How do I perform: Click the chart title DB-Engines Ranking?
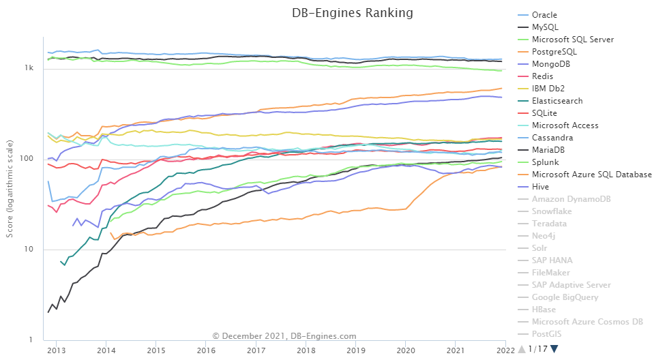[353, 13]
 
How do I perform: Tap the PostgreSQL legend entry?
[554, 52]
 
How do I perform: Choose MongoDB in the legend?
[551, 64]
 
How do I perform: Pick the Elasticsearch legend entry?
[557, 101]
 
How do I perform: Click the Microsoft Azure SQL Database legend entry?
[591, 175]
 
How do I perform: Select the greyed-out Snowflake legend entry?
[552, 211]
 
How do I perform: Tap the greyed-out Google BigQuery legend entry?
[565, 297]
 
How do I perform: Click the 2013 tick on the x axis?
[56, 350]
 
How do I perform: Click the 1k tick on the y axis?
[29, 68]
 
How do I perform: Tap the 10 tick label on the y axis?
[29, 250]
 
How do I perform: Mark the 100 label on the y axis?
[28, 159]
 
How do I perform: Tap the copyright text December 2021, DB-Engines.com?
[284, 335]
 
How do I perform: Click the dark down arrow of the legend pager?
[554, 349]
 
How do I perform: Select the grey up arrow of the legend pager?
[522, 349]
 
